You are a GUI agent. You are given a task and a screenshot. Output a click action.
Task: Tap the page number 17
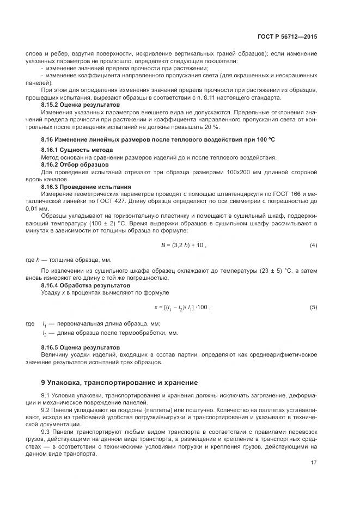point(313,463)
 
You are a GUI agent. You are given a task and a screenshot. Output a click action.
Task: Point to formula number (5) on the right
point(313,308)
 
